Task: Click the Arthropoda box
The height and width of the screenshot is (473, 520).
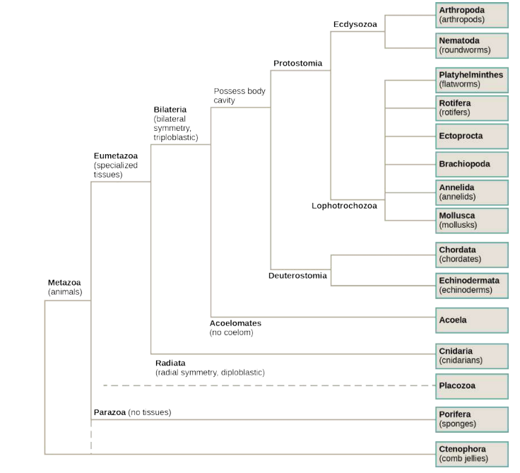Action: pos(472,15)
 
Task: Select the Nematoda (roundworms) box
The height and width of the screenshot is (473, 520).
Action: pos(472,45)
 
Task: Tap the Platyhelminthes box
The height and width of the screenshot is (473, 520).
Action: pos(472,79)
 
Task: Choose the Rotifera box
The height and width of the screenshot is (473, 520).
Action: pos(472,107)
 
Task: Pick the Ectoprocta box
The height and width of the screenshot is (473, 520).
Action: pos(472,135)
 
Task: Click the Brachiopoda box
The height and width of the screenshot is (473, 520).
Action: pos(472,164)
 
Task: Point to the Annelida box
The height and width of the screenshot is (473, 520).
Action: pos(472,192)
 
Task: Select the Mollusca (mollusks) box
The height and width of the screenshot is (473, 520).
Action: pos(472,220)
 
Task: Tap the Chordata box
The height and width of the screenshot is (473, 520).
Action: pos(472,255)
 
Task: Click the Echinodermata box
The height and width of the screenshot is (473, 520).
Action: pos(472,285)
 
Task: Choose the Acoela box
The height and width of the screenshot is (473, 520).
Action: pos(472,320)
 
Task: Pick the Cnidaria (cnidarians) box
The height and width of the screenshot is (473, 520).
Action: pos(472,356)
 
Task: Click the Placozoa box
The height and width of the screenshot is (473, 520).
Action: pos(472,386)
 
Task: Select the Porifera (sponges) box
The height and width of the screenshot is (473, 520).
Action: pos(472,419)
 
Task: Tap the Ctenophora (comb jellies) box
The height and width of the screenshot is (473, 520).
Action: pos(472,454)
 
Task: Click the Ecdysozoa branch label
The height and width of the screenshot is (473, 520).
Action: pos(355,24)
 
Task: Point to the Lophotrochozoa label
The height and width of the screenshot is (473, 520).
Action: pos(344,206)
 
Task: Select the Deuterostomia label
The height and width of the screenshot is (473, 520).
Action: pos(297,276)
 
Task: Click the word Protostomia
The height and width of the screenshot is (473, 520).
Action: pos(297,64)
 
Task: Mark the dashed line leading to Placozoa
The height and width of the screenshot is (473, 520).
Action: pos(268,385)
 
